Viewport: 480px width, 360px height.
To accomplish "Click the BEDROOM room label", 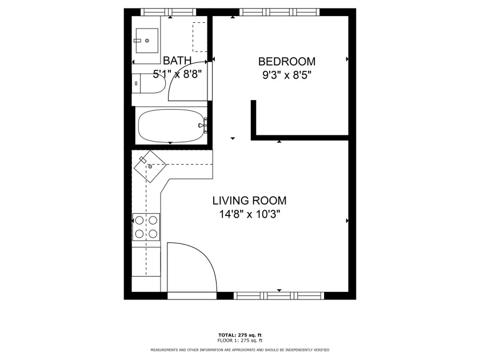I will click(x=286, y=61).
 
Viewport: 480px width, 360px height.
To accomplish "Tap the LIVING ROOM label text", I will click(x=249, y=201).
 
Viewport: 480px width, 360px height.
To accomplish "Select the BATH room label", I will click(x=177, y=61).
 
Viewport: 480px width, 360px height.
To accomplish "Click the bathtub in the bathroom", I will click(x=171, y=125).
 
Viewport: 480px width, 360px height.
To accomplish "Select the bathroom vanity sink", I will click(x=147, y=40).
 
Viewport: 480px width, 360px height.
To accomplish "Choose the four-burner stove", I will click(x=146, y=226).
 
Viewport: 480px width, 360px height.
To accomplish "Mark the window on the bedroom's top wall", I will click(x=278, y=11).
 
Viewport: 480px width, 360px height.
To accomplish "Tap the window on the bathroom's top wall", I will click(x=169, y=11).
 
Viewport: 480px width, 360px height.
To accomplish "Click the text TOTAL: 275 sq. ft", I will click(x=239, y=335).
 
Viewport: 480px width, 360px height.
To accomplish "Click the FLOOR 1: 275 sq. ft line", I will click(x=239, y=341).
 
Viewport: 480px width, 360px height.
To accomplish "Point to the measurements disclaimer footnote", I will click(x=239, y=350).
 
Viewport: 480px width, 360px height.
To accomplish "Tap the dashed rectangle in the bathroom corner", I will click(x=199, y=37).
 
